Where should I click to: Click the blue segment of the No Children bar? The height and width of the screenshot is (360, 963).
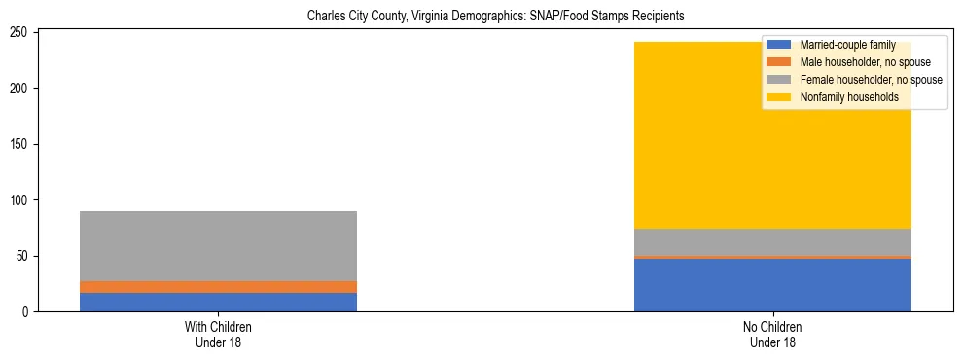pos(772,285)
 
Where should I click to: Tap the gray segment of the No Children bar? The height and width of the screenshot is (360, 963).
pos(772,242)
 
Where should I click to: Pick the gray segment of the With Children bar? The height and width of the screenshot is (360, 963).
pos(218,246)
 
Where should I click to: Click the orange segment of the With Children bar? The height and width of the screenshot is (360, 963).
pos(218,287)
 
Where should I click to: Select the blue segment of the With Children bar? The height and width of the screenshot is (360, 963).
pos(218,303)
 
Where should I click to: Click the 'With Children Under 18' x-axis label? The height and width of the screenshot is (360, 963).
pos(218,335)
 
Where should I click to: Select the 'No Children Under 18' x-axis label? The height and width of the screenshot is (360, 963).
pos(772,335)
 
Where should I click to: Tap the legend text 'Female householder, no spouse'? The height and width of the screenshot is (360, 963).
pos(871,80)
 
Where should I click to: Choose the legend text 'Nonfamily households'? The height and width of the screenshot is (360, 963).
pos(849,97)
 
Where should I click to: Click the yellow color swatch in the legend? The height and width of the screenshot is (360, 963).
pos(779,97)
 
